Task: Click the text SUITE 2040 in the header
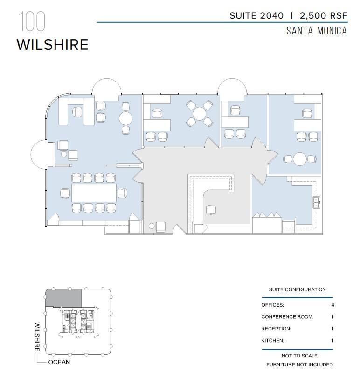[x=256, y=15]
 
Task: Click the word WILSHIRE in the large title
[x=52, y=44]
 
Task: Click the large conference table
[x=94, y=192]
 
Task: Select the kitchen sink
[x=317, y=201]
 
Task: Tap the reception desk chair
[x=211, y=211]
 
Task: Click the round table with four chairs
[x=199, y=113]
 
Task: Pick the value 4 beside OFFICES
[x=332, y=305]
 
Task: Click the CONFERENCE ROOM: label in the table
[x=287, y=317]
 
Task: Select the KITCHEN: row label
[x=273, y=340]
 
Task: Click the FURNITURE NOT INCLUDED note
[x=300, y=364]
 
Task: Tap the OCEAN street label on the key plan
[x=60, y=362]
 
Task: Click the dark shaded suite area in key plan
[x=63, y=297]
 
